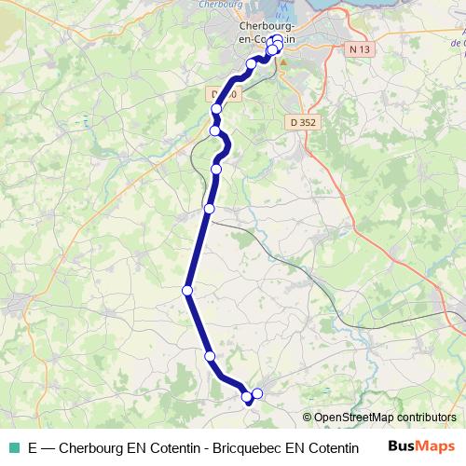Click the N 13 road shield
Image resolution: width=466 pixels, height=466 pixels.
(x=360, y=48)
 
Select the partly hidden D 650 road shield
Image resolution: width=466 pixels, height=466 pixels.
(x=224, y=94)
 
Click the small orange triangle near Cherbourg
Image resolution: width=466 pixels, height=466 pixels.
(x=281, y=63)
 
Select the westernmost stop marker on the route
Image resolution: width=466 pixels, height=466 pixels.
(x=187, y=291)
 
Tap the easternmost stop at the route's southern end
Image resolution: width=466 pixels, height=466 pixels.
(x=258, y=393)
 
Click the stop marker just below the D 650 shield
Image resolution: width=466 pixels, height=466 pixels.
(x=217, y=109)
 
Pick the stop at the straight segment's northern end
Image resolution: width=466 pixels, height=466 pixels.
(x=210, y=208)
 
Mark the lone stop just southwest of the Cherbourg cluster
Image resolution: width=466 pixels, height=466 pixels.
(x=251, y=63)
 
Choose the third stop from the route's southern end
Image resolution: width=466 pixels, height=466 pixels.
(x=210, y=356)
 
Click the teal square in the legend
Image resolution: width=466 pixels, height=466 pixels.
(x=11, y=447)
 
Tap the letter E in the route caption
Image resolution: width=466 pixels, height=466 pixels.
(x=34, y=447)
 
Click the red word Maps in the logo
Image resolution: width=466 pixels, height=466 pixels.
(x=438, y=446)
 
